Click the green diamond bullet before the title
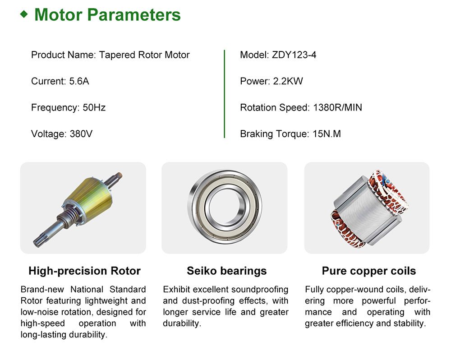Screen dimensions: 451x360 pyautogui.click(x=24, y=14)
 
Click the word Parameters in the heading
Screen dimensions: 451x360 pyautogui.click(x=134, y=15)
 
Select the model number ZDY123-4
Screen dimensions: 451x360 pyautogui.click(x=294, y=55)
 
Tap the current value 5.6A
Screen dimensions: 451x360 pyautogui.click(x=79, y=81)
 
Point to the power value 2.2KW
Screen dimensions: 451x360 pyautogui.click(x=288, y=81)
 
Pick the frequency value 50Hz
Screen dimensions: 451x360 pyautogui.click(x=94, y=108)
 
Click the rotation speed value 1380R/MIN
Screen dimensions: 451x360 pyautogui.click(x=337, y=108)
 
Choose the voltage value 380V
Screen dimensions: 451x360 pyautogui.click(x=81, y=134)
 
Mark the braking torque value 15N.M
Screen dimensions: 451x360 pyautogui.click(x=327, y=134)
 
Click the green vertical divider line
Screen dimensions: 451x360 pyautogui.click(x=224, y=94)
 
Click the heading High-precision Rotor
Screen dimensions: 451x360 pyautogui.click(x=85, y=271)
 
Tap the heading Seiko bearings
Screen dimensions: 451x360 pyautogui.click(x=227, y=271)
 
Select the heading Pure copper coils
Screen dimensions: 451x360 pyautogui.click(x=369, y=271)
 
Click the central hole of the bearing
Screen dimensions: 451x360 pyautogui.click(x=225, y=206)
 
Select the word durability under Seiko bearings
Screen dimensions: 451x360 pyautogui.click(x=181, y=323)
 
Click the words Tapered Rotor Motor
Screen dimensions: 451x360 pyautogui.click(x=144, y=55)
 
